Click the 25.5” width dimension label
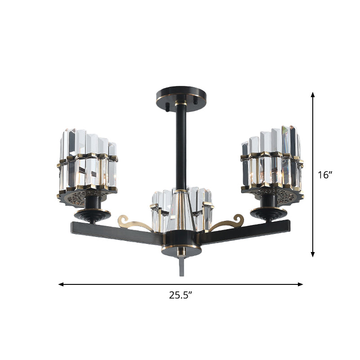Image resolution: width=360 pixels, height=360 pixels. coord(181,296)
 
